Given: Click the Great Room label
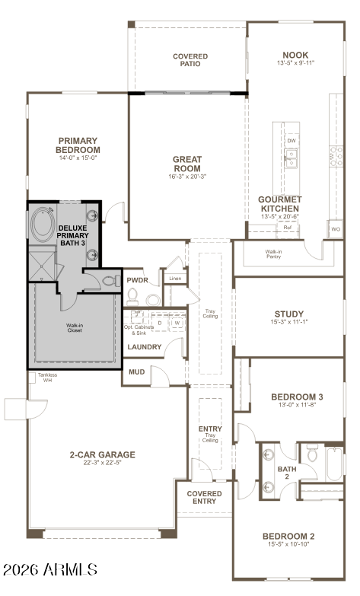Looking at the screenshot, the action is click(187, 164).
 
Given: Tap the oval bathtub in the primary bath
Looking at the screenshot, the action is click(43, 224).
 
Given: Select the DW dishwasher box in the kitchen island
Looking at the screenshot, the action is click(292, 141).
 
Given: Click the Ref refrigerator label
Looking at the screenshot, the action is click(288, 228).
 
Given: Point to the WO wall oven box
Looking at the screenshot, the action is click(336, 229).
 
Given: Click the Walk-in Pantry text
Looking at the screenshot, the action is click(274, 254).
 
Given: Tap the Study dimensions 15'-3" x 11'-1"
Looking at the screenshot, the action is click(289, 322).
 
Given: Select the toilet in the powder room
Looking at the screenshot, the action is click(132, 296).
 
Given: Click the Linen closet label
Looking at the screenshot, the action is click(175, 279).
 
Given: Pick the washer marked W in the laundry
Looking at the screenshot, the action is click(177, 323).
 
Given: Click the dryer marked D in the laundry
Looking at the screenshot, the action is click(160, 323).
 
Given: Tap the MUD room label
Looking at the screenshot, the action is click(136, 371).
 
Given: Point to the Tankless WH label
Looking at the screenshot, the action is click(47, 378).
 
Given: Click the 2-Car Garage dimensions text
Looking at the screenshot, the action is click(102, 463).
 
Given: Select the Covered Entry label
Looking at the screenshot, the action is click(204, 497).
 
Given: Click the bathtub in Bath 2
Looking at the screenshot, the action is click(335, 464).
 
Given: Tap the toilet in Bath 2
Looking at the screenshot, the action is click(313, 452).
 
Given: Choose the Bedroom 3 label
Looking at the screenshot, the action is click(297, 397).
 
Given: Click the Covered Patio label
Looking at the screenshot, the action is click(190, 60).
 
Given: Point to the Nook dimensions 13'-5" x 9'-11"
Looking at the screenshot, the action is click(295, 63).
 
